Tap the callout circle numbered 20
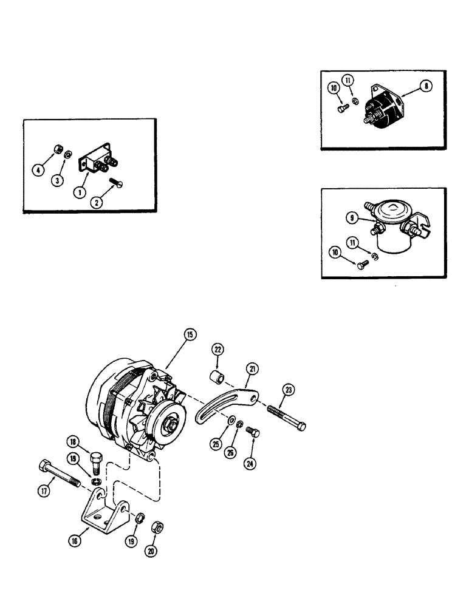[x=149, y=551]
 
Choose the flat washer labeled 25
[x=233, y=420]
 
